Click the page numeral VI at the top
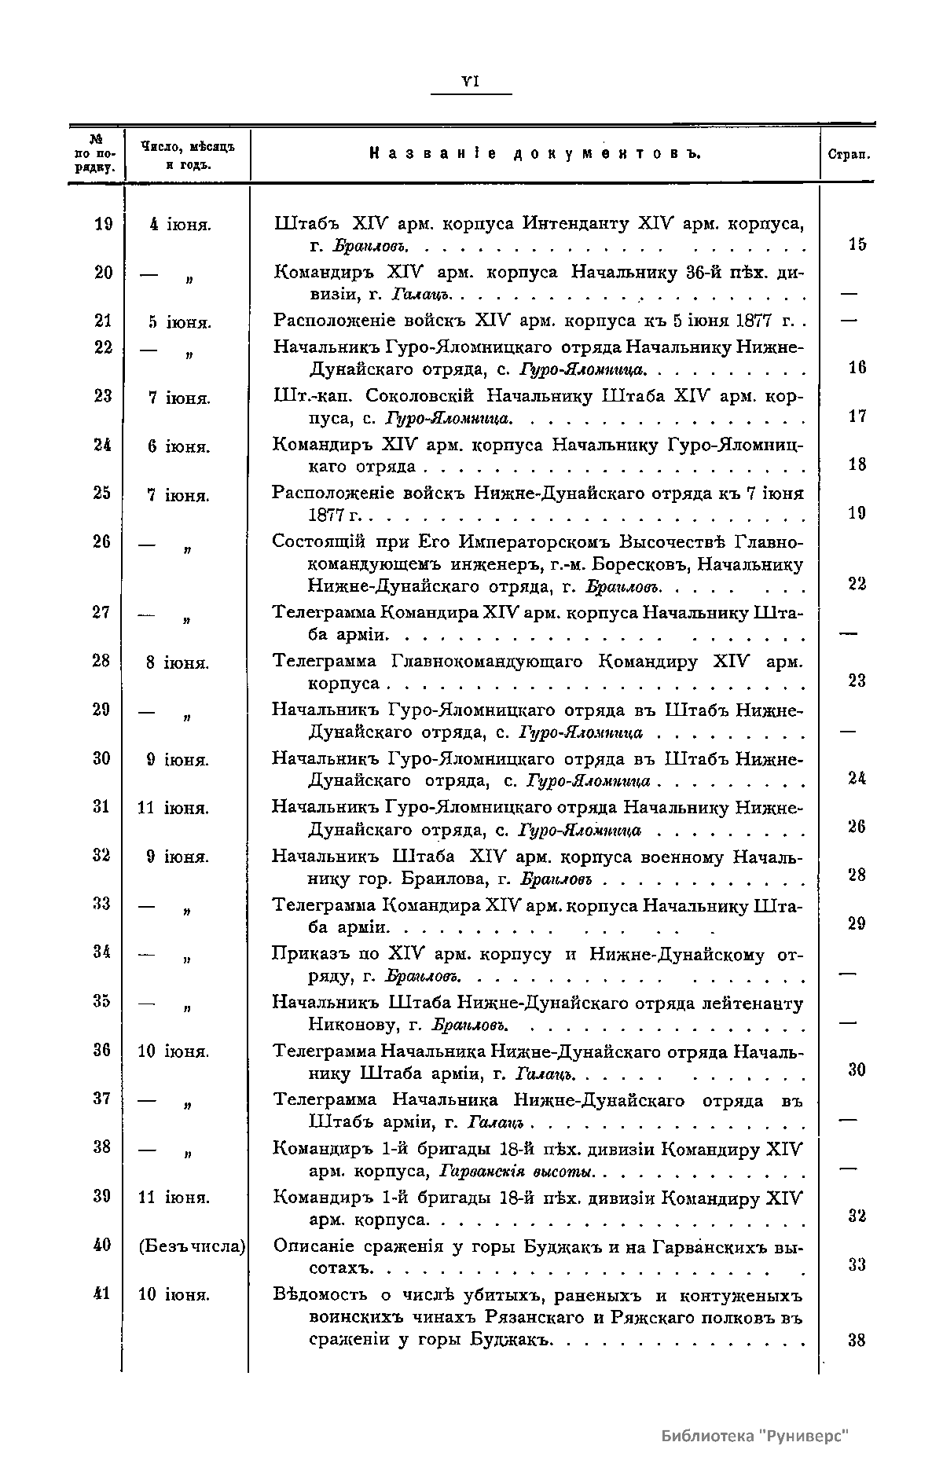471,81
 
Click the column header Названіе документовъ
534,154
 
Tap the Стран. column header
849,155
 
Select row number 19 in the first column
103,224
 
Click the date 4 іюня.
179,225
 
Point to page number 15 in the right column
857,244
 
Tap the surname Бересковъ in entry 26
653,564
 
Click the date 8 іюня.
178,662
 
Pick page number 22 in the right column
857,584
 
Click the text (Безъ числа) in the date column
192,1246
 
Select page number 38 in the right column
857,1341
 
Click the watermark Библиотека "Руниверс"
755,1436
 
